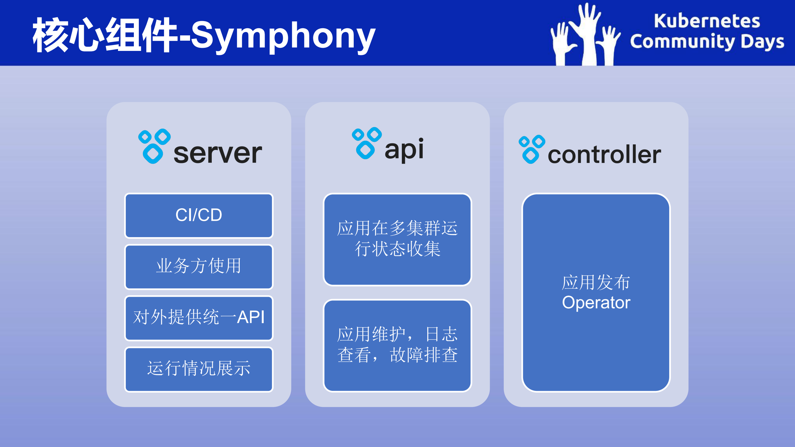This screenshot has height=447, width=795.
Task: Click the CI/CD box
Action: tap(199, 215)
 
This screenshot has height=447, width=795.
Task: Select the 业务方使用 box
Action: tap(199, 267)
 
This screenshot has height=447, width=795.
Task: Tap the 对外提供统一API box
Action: tap(199, 318)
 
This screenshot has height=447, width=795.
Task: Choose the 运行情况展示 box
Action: tap(199, 369)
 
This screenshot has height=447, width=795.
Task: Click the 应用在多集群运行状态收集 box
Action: tap(397, 239)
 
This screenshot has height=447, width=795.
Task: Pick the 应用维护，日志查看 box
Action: tap(397, 345)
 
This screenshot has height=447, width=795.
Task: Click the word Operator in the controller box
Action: tap(596, 303)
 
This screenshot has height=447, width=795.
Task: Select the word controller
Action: tap(604, 155)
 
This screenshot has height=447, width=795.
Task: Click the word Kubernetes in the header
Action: tap(707, 21)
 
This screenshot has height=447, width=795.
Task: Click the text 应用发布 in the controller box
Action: tap(596, 282)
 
